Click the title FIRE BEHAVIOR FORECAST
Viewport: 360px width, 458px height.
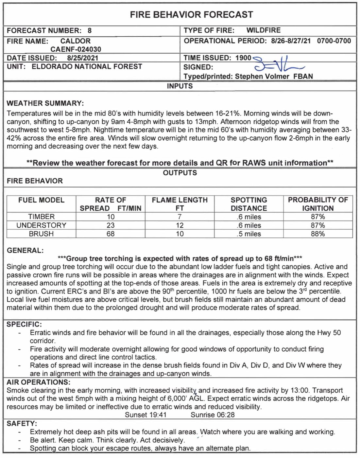(x=191, y=15)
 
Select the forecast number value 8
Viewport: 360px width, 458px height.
(x=90, y=31)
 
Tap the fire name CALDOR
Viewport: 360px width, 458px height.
(x=76, y=41)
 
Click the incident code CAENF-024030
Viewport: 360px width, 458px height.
(x=76, y=49)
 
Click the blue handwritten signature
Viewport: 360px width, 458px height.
(x=278, y=64)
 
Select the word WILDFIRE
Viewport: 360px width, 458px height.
(x=264, y=30)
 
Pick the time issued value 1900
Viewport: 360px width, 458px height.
(x=243, y=58)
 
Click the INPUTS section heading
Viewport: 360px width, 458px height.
(x=180, y=86)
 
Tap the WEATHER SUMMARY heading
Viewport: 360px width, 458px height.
(x=45, y=103)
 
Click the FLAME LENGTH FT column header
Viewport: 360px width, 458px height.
(x=180, y=204)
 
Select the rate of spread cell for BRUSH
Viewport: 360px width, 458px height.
(x=111, y=234)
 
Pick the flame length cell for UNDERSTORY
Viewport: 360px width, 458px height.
(x=180, y=225)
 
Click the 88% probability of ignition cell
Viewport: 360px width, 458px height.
(x=318, y=234)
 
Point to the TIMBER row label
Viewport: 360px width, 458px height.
(x=42, y=217)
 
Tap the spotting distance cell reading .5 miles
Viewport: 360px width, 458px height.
(x=249, y=234)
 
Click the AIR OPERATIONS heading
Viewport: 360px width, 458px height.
(x=39, y=382)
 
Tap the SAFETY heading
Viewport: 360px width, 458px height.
(x=22, y=424)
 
